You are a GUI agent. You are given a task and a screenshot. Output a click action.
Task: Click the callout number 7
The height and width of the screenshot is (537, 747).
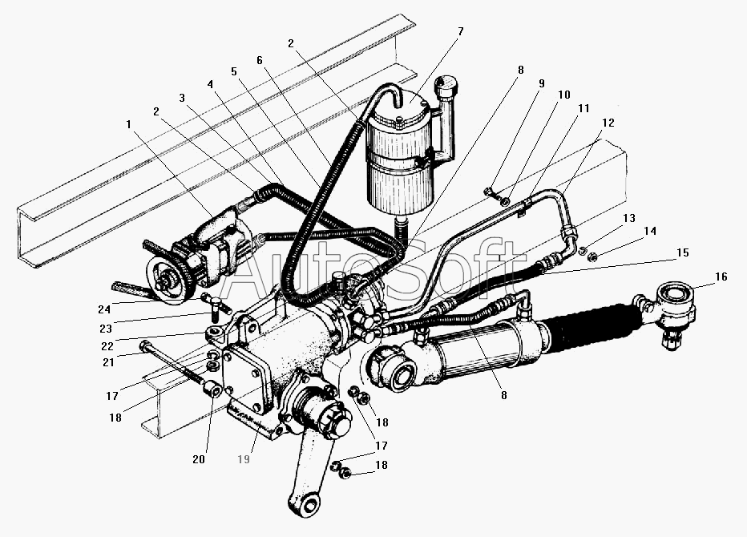pos(460,32)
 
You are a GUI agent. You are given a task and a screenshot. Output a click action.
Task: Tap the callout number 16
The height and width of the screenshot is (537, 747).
pos(721,277)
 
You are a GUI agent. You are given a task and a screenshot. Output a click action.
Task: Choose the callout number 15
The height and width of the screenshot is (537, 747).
pos(682,252)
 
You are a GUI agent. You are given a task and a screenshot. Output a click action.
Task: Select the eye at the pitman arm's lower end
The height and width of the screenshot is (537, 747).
pos(301,507)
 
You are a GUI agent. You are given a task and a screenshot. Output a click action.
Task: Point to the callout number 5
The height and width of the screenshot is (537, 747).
pos(232,71)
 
